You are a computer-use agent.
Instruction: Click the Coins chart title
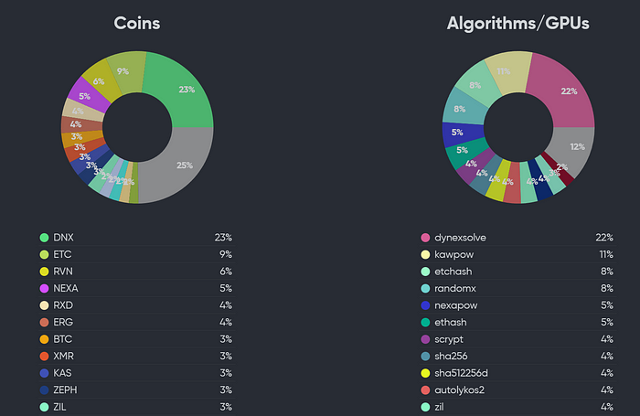[137, 23]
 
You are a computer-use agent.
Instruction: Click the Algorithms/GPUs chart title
[517, 23]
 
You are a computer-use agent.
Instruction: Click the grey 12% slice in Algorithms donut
[575, 147]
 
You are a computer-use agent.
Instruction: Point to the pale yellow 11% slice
[507, 71]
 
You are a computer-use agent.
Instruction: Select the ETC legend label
[63, 254]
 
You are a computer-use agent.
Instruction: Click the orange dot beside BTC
[43, 339]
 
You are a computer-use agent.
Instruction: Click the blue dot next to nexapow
[424, 305]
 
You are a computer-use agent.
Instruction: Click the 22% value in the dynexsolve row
[603, 238]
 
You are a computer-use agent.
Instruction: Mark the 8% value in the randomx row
[606, 288]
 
